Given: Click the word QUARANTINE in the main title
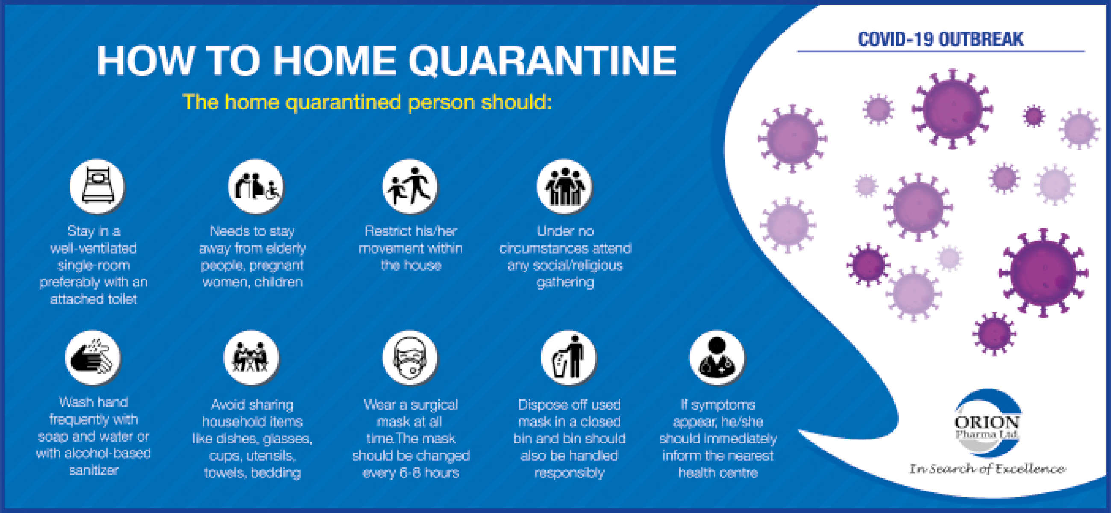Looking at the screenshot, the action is point(542,61).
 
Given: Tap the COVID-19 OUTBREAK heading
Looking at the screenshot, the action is point(940,39).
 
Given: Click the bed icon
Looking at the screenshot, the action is point(97,186).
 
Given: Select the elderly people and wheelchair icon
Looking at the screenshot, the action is point(256,186).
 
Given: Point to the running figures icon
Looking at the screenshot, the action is point(410,186).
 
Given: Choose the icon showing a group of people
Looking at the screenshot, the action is point(564,186).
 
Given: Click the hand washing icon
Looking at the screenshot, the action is point(93,358).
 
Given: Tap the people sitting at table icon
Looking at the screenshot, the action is point(251,358).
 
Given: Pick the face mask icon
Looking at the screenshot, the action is point(410,358).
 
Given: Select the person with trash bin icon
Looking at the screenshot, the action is point(568,358).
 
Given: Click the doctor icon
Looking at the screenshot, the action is point(717,358).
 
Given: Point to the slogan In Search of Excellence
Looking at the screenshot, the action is point(987,469).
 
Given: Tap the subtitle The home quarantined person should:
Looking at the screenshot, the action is point(367,103).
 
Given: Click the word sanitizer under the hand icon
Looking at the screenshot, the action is point(94,470).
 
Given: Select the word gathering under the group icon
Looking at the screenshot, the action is point(565,282).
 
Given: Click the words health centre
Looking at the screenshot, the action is point(718,473).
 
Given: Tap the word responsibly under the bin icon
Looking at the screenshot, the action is point(569,473).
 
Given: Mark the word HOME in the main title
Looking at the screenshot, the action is point(335,61).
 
